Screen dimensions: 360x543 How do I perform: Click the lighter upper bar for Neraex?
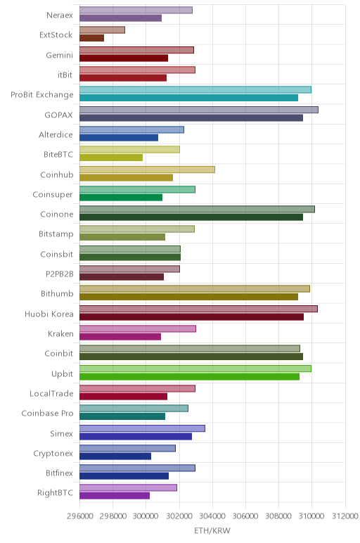136,10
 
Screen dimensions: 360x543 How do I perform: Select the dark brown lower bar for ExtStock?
91,38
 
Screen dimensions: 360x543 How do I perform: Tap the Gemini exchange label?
60,56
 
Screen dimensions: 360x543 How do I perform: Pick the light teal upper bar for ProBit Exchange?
195,90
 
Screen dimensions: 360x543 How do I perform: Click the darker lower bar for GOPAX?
191,117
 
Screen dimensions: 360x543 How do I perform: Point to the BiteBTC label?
58,155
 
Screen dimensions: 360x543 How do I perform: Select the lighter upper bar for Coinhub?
147,170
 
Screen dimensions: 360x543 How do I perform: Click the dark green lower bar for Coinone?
191,217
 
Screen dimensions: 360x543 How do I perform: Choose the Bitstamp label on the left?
56,234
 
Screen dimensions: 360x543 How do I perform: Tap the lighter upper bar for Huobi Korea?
198,309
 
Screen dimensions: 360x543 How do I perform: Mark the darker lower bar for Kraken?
120,337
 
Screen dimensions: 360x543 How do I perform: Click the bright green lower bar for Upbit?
189,376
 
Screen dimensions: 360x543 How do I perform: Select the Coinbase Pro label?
47,414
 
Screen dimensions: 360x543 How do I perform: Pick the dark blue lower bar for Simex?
136,436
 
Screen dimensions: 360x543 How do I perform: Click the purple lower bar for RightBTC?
115,496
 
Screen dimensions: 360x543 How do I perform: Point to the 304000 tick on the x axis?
212,516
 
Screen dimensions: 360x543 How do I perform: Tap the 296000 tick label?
79,516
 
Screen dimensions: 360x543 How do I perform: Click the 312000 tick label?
345,516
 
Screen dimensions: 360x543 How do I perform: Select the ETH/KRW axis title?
212,530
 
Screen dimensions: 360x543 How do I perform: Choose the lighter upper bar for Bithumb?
195,289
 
